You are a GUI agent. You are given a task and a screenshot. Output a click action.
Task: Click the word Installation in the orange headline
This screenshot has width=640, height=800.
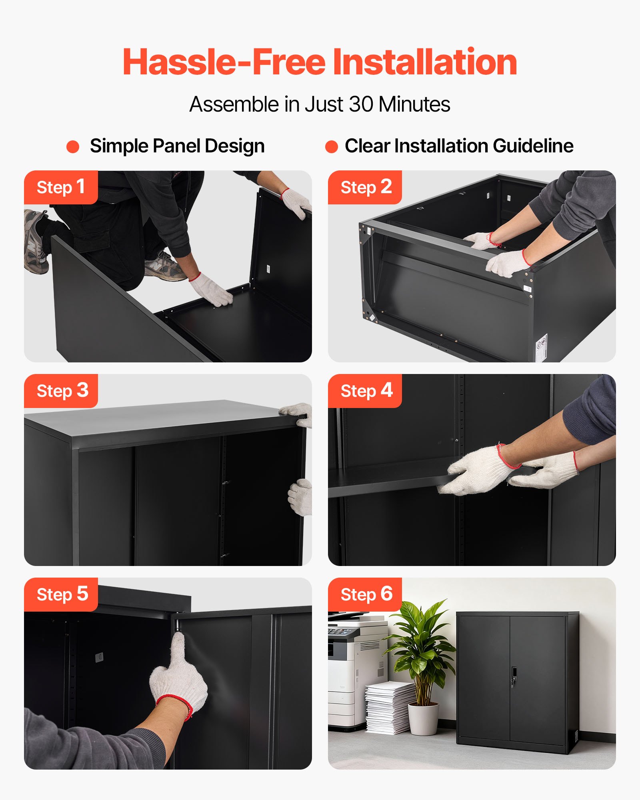[425, 62]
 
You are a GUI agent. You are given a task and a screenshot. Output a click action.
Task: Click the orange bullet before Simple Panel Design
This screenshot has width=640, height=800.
[73, 146]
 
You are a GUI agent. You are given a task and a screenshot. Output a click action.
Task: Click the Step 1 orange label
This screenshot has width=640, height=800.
[61, 187]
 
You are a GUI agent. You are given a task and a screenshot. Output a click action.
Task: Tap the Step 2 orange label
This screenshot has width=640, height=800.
[365, 187]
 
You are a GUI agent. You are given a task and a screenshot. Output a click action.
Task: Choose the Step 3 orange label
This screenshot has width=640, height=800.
[61, 391]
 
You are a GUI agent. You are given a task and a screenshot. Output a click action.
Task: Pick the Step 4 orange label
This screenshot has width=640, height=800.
[365, 391]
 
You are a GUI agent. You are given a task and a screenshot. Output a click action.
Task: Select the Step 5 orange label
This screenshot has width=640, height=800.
[61, 594]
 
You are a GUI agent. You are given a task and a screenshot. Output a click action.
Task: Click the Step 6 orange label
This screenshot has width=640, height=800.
[365, 594]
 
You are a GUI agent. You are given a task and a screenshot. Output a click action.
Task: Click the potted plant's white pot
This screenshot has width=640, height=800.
[423, 719]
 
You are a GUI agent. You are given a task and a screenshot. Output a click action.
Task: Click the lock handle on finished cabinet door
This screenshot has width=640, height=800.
[514, 677]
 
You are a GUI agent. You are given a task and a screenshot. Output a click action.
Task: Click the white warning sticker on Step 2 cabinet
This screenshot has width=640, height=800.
[541, 343]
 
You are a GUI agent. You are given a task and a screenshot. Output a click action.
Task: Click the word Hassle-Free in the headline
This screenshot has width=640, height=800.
[224, 62]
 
